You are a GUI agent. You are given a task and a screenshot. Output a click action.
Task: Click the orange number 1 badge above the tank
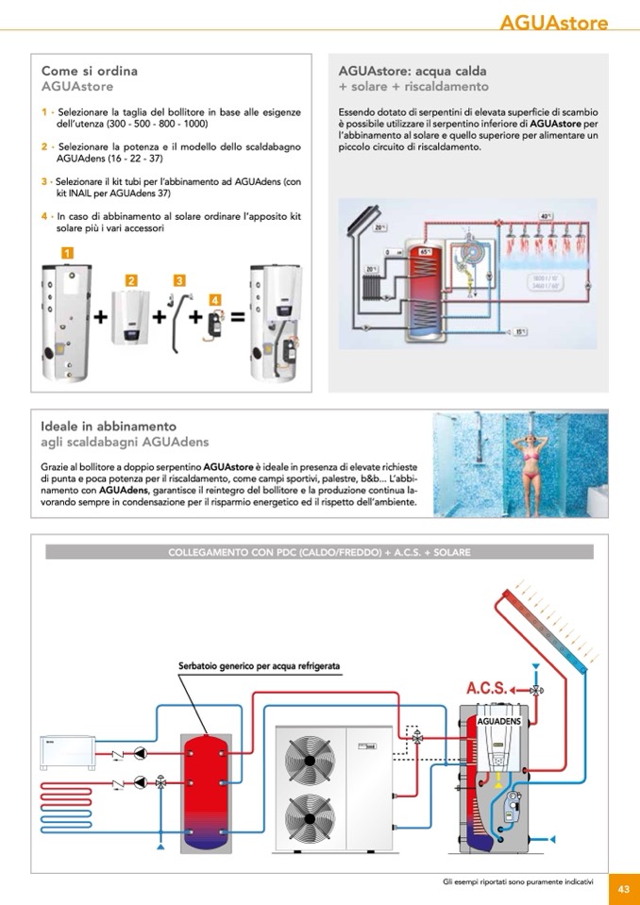67,252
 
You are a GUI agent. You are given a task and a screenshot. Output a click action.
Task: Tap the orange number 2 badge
131,280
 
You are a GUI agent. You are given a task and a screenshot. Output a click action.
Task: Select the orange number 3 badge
179,279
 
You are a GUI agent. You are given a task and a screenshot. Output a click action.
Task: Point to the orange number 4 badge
215,299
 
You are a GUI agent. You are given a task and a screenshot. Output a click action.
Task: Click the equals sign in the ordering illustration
238,318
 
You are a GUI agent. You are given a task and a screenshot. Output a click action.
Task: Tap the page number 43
624,888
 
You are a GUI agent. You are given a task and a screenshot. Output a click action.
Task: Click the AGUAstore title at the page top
554,23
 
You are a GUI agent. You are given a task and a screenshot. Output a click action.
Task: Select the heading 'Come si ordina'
90,71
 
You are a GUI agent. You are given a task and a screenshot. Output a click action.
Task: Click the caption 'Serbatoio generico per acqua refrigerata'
260,667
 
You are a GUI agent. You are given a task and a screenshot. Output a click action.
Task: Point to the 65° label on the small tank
425,252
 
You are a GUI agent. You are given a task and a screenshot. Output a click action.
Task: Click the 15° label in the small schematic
522,332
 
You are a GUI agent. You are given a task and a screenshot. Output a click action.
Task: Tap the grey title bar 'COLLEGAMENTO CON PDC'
319,552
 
